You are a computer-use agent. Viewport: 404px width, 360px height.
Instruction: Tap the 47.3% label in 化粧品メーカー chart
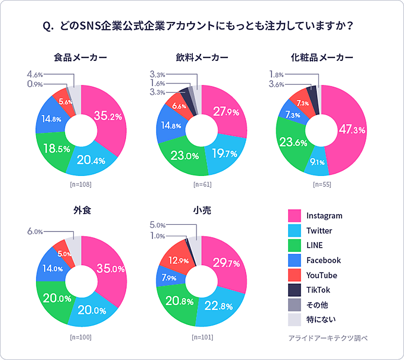352,130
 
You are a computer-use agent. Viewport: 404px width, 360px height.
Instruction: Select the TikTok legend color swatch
294,290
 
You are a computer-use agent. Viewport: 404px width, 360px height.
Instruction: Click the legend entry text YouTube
322,275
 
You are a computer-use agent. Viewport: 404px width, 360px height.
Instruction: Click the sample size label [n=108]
81,184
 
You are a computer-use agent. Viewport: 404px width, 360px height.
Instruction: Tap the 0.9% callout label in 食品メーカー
35,84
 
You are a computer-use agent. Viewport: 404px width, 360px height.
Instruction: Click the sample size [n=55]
322,184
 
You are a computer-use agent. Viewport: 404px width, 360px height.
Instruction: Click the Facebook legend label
324,260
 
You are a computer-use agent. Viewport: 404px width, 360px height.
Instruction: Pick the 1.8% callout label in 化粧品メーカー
277,75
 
